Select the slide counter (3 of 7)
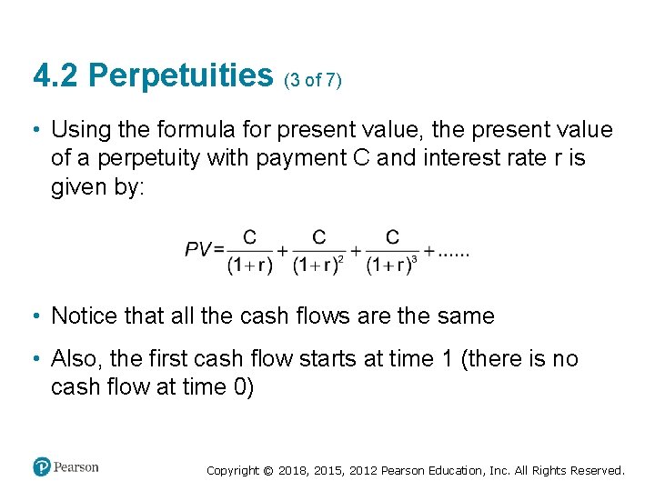tap(313, 80)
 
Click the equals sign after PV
tap(219, 249)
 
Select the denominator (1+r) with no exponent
tap(249, 266)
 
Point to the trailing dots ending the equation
tap(454, 251)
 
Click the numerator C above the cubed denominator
tap(392, 237)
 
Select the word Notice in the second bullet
tap(83, 316)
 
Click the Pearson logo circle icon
tap(41, 466)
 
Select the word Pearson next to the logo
tap(76, 466)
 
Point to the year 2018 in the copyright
tap(293, 471)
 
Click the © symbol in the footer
tap(267, 471)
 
